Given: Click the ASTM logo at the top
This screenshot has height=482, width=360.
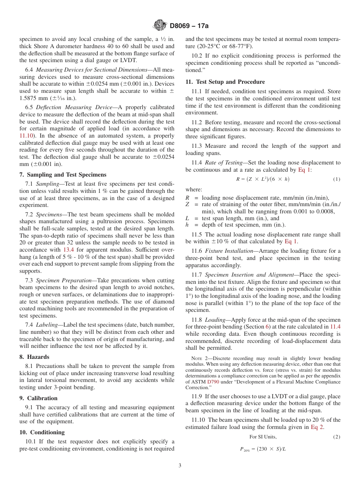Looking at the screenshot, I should (159, 25).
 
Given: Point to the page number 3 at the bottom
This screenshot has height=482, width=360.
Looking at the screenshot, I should (180, 465).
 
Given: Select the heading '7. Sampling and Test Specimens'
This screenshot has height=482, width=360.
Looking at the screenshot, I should (63, 175).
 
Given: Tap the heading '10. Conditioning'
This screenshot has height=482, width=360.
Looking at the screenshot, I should (42, 432).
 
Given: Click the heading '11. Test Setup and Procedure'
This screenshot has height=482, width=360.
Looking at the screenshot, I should (225, 82).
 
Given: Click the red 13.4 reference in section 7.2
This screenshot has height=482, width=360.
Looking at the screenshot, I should (69, 250).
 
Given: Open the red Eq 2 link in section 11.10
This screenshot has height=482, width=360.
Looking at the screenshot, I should (317, 427).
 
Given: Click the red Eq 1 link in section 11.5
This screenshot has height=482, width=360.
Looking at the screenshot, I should (291, 241).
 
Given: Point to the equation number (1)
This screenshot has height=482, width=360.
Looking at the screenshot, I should (336, 179).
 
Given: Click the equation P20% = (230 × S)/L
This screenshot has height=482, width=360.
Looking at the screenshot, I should (263, 449).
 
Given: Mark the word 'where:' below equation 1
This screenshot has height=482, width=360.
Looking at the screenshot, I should (194, 189).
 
